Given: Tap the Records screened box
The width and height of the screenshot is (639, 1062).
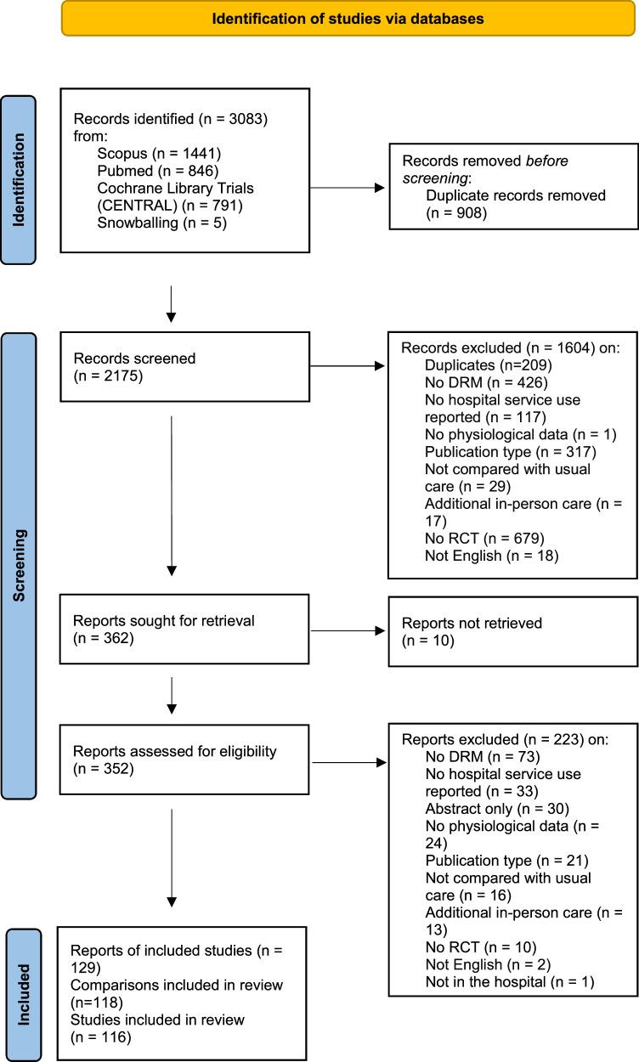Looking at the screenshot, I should pos(184,365).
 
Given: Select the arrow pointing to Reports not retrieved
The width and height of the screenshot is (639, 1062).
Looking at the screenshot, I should pos(348,631).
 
